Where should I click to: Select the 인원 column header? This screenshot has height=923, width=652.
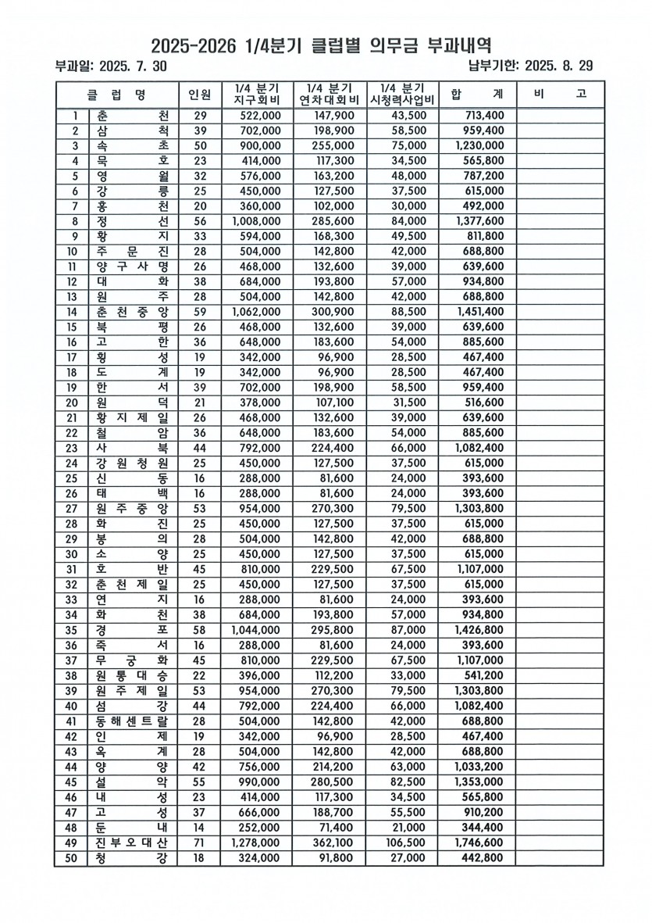pyautogui.click(x=199, y=95)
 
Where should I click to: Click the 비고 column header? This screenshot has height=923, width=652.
pyautogui.click(x=559, y=95)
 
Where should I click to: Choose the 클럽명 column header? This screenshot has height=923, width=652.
pyautogui.click(x=117, y=95)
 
